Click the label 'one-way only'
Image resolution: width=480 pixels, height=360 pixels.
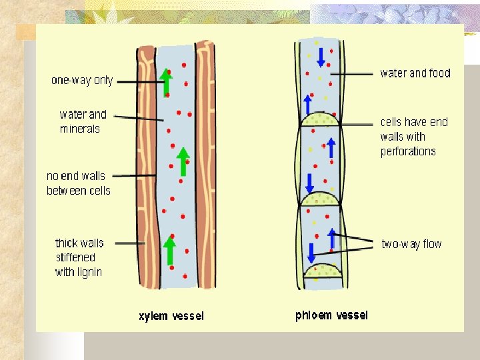pos(82,81)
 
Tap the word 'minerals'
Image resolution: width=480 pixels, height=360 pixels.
pos(79,129)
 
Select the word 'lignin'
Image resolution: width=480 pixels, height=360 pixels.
pos(89,272)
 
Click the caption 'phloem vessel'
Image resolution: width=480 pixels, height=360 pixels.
pos(331,315)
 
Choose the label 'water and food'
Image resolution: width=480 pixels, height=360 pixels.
pos(415,73)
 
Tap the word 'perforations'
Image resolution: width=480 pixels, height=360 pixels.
pos(408,151)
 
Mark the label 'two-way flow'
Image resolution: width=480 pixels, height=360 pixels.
pos(411,244)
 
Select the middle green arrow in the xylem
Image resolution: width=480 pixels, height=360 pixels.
pos(183,161)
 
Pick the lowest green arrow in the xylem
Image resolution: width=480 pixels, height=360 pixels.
pos(170,250)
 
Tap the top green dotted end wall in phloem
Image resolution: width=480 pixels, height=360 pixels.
pos(319,120)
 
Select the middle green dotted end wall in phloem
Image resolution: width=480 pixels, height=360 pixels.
pos(319,199)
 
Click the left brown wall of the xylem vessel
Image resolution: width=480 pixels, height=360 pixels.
pos(145,167)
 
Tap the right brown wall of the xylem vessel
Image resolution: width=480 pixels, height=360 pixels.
pos(206,167)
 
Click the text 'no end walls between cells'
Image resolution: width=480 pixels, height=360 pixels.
pos(78,183)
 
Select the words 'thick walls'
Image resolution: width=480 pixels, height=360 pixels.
pos(79,243)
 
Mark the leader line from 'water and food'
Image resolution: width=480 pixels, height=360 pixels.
pos(353,73)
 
